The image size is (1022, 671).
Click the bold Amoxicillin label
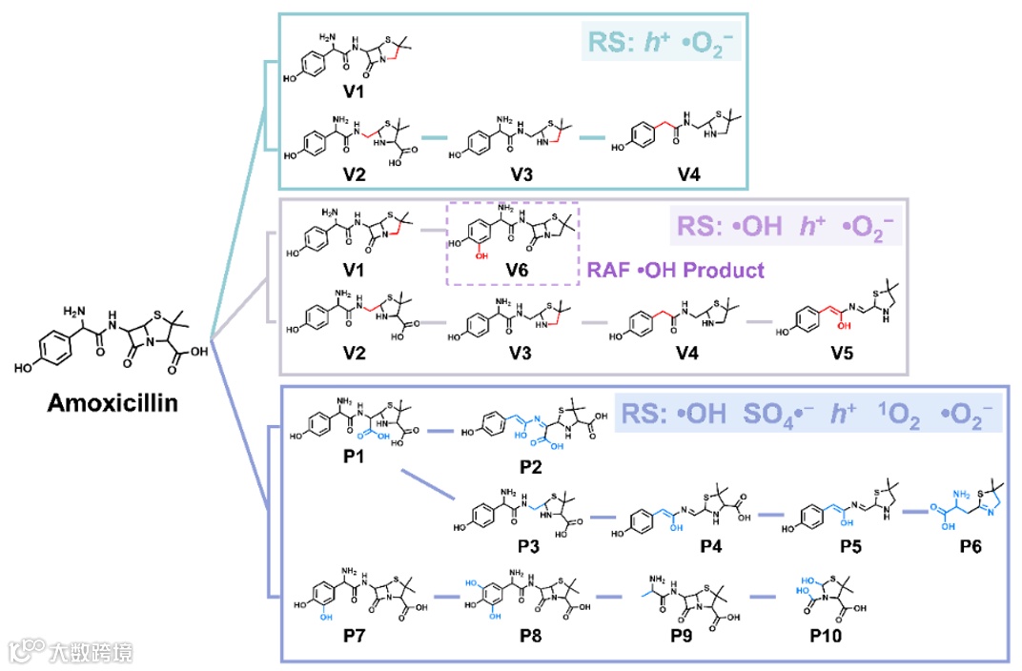click(x=112, y=404)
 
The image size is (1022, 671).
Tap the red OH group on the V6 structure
click(x=483, y=256)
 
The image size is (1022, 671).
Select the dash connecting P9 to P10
click(x=763, y=599)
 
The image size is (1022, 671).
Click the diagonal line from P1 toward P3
click(x=429, y=483)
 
